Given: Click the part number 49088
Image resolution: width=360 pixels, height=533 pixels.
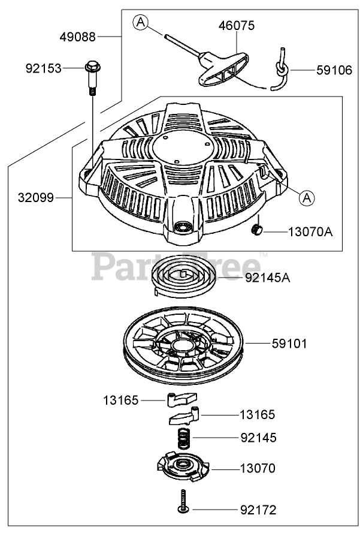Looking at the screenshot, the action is [x=77, y=37].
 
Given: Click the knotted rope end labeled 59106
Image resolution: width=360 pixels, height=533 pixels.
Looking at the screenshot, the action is [x=281, y=70].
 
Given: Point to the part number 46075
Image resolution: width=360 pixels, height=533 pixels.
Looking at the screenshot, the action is [x=237, y=26].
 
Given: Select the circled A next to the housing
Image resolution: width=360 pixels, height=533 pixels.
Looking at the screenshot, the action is [x=307, y=198].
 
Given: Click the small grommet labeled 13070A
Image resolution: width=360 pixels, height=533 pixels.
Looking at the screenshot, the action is [x=256, y=230].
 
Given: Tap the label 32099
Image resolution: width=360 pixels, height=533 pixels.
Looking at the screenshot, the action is [x=36, y=197].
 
